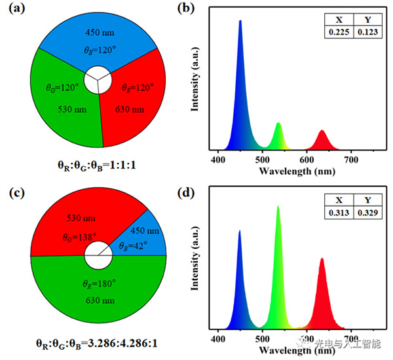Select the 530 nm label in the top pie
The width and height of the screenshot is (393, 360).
click(65, 109)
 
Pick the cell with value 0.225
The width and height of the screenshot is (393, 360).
click(338, 30)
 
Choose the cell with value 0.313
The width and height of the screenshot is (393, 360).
click(338, 213)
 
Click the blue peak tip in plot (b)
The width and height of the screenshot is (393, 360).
click(240, 21)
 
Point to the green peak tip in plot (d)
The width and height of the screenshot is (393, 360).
click(278, 206)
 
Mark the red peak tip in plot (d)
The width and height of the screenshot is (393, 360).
click(322, 259)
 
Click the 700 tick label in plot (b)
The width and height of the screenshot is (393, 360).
click(351, 160)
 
